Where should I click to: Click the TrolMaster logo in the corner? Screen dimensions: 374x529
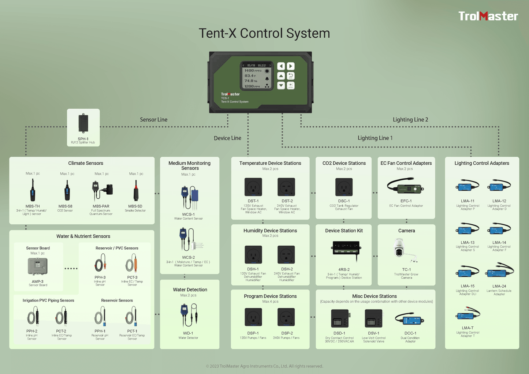click(x=488, y=16)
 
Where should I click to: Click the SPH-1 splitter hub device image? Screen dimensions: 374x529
click(x=83, y=123)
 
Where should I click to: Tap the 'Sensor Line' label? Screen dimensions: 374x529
click(x=153, y=120)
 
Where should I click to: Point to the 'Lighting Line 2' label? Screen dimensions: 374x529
click(x=410, y=120)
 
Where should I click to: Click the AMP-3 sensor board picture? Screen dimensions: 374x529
click(x=38, y=266)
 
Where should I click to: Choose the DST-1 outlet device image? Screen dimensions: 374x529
click(x=253, y=187)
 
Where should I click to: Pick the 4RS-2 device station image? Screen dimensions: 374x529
click(x=346, y=248)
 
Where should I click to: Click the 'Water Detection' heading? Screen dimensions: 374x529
click(x=190, y=289)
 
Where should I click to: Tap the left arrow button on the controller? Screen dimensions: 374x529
click(x=281, y=66)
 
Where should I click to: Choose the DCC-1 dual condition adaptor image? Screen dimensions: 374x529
click(x=410, y=320)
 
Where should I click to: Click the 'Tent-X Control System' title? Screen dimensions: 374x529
click(x=264, y=33)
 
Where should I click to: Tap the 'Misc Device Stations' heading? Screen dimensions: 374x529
click(x=375, y=296)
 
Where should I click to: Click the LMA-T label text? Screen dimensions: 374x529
click(x=467, y=328)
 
